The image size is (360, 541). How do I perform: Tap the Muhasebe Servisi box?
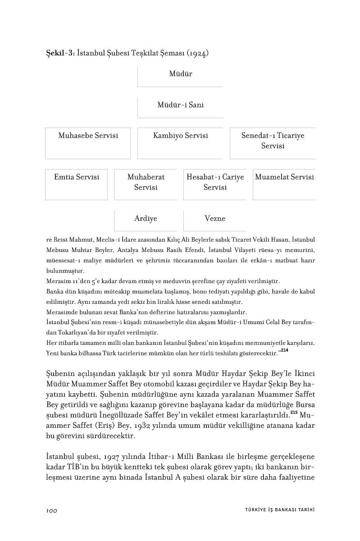(88, 142)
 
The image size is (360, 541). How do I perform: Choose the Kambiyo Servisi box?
(180, 142)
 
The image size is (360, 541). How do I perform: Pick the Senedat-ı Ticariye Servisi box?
(273, 142)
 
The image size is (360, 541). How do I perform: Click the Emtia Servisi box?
(77, 183)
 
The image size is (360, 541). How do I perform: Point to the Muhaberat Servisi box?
(146, 183)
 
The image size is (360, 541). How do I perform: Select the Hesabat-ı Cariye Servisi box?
(215, 183)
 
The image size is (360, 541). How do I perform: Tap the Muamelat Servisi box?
(284, 183)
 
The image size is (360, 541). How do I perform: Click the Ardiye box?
(146, 220)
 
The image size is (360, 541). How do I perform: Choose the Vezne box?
(215, 220)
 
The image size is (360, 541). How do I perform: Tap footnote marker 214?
(284, 351)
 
